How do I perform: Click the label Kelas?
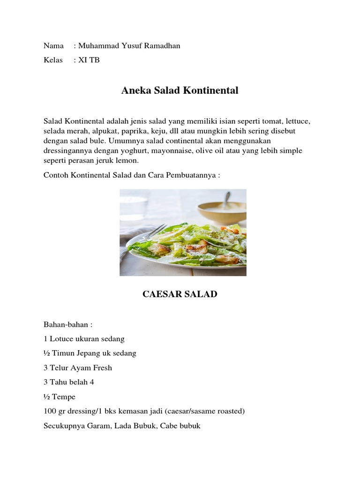click(53, 60)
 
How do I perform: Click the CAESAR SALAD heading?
click(180, 294)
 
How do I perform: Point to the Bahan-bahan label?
click(68, 324)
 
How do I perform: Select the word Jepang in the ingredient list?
click(90, 353)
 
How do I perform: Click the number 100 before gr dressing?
click(50, 412)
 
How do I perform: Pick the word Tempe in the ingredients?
click(64, 397)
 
